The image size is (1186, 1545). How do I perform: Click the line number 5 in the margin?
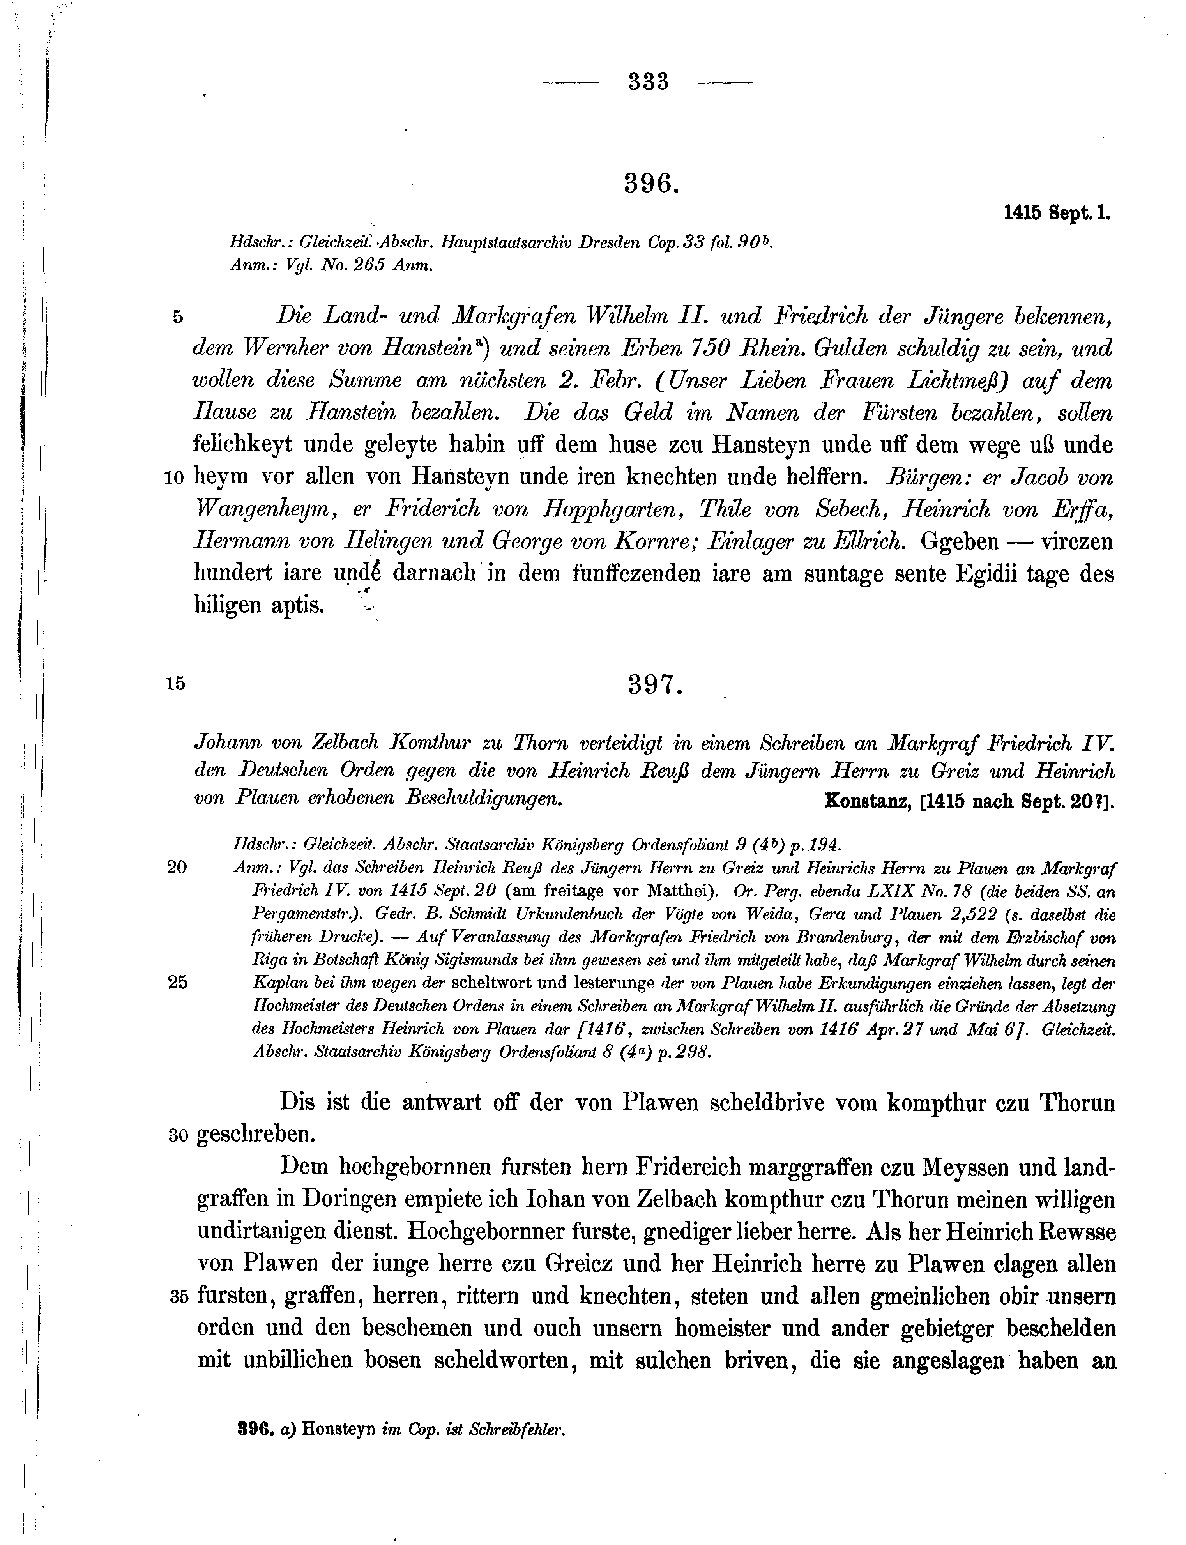coord(178,318)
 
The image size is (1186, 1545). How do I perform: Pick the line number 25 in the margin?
coord(177,983)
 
